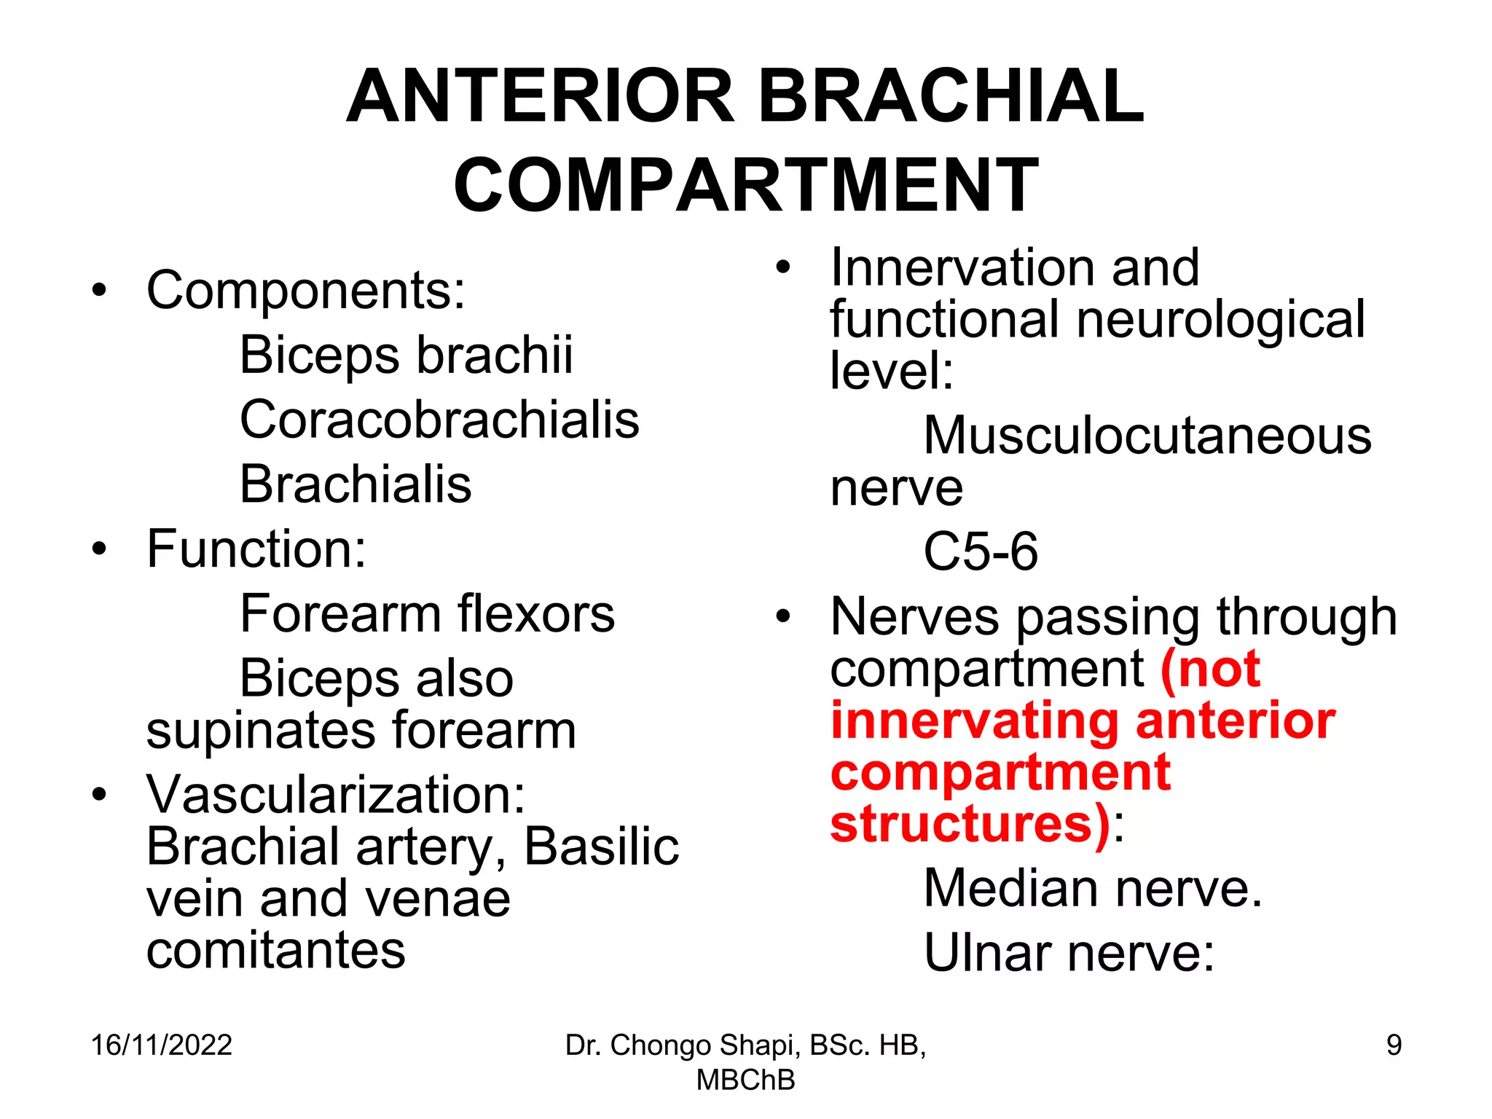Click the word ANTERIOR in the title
point(541,96)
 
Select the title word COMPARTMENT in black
point(746,185)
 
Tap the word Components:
point(306,290)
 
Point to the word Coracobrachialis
point(439,420)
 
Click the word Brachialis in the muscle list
point(356,484)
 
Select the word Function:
point(256,549)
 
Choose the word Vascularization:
point(336,794)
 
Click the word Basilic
point(601,847)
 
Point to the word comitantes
point(275,950)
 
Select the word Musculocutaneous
point(1147,436)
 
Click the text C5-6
point(981,551)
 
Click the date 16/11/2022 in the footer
point(161,1045)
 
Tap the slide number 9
point(1394,1045)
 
